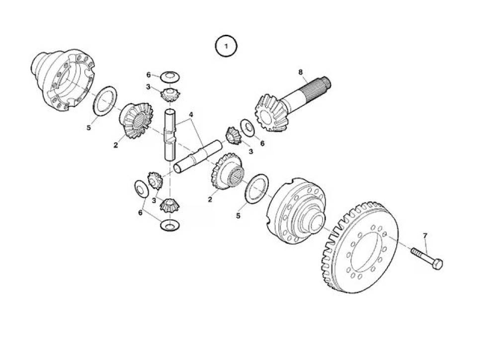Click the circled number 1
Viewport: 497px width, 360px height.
[226, 46]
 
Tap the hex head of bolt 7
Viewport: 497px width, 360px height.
[437, 264]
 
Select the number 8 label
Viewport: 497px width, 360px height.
[301, 72]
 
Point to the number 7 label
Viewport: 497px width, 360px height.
[425, 235]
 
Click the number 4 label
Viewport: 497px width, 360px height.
[191, 114]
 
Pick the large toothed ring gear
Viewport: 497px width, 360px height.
[360, 247]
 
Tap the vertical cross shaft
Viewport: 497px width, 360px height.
[170, 135]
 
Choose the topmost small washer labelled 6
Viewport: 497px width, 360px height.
[170, 76]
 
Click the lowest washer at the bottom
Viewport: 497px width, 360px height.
[170, 226]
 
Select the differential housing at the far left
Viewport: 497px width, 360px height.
[64, 79]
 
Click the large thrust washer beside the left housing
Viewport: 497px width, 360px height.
[105, 101]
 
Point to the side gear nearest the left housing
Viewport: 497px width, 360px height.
[136, 120]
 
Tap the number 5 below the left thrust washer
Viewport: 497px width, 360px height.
[89, 127]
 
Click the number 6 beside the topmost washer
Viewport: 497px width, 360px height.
[148, 75]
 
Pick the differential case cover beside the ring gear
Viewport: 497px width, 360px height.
[296, 211]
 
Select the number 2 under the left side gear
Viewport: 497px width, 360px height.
[116, 145]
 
